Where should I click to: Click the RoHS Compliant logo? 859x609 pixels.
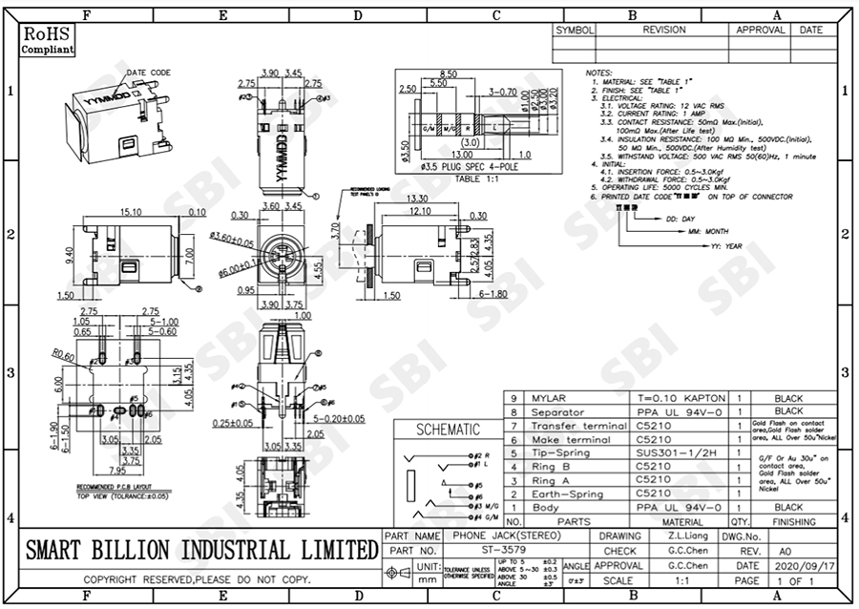click(47, 41)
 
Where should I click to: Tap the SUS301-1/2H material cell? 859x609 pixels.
click(669, 452)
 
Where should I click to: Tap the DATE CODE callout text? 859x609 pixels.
click(149, 73)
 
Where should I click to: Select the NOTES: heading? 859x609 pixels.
click(598, 73)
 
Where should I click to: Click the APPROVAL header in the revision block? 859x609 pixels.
click(761, 30)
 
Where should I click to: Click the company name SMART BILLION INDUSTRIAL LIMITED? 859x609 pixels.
click(200, 550)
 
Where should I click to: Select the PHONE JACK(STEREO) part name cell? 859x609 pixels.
click(493, 536)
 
